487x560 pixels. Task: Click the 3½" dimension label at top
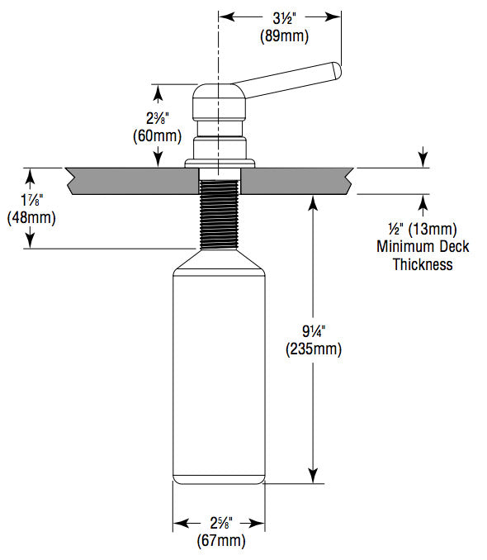point(280,16)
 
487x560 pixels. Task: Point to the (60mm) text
point(156,135)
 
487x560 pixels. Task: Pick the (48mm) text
point(31,218)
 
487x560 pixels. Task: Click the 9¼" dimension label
point(314,331)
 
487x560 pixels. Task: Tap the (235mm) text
point(314,349)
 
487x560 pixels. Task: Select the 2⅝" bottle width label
point(220,524)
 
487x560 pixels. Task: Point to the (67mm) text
point(220,541)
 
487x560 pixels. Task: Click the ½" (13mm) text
point(423,228)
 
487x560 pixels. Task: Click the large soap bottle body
point(219,372)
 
